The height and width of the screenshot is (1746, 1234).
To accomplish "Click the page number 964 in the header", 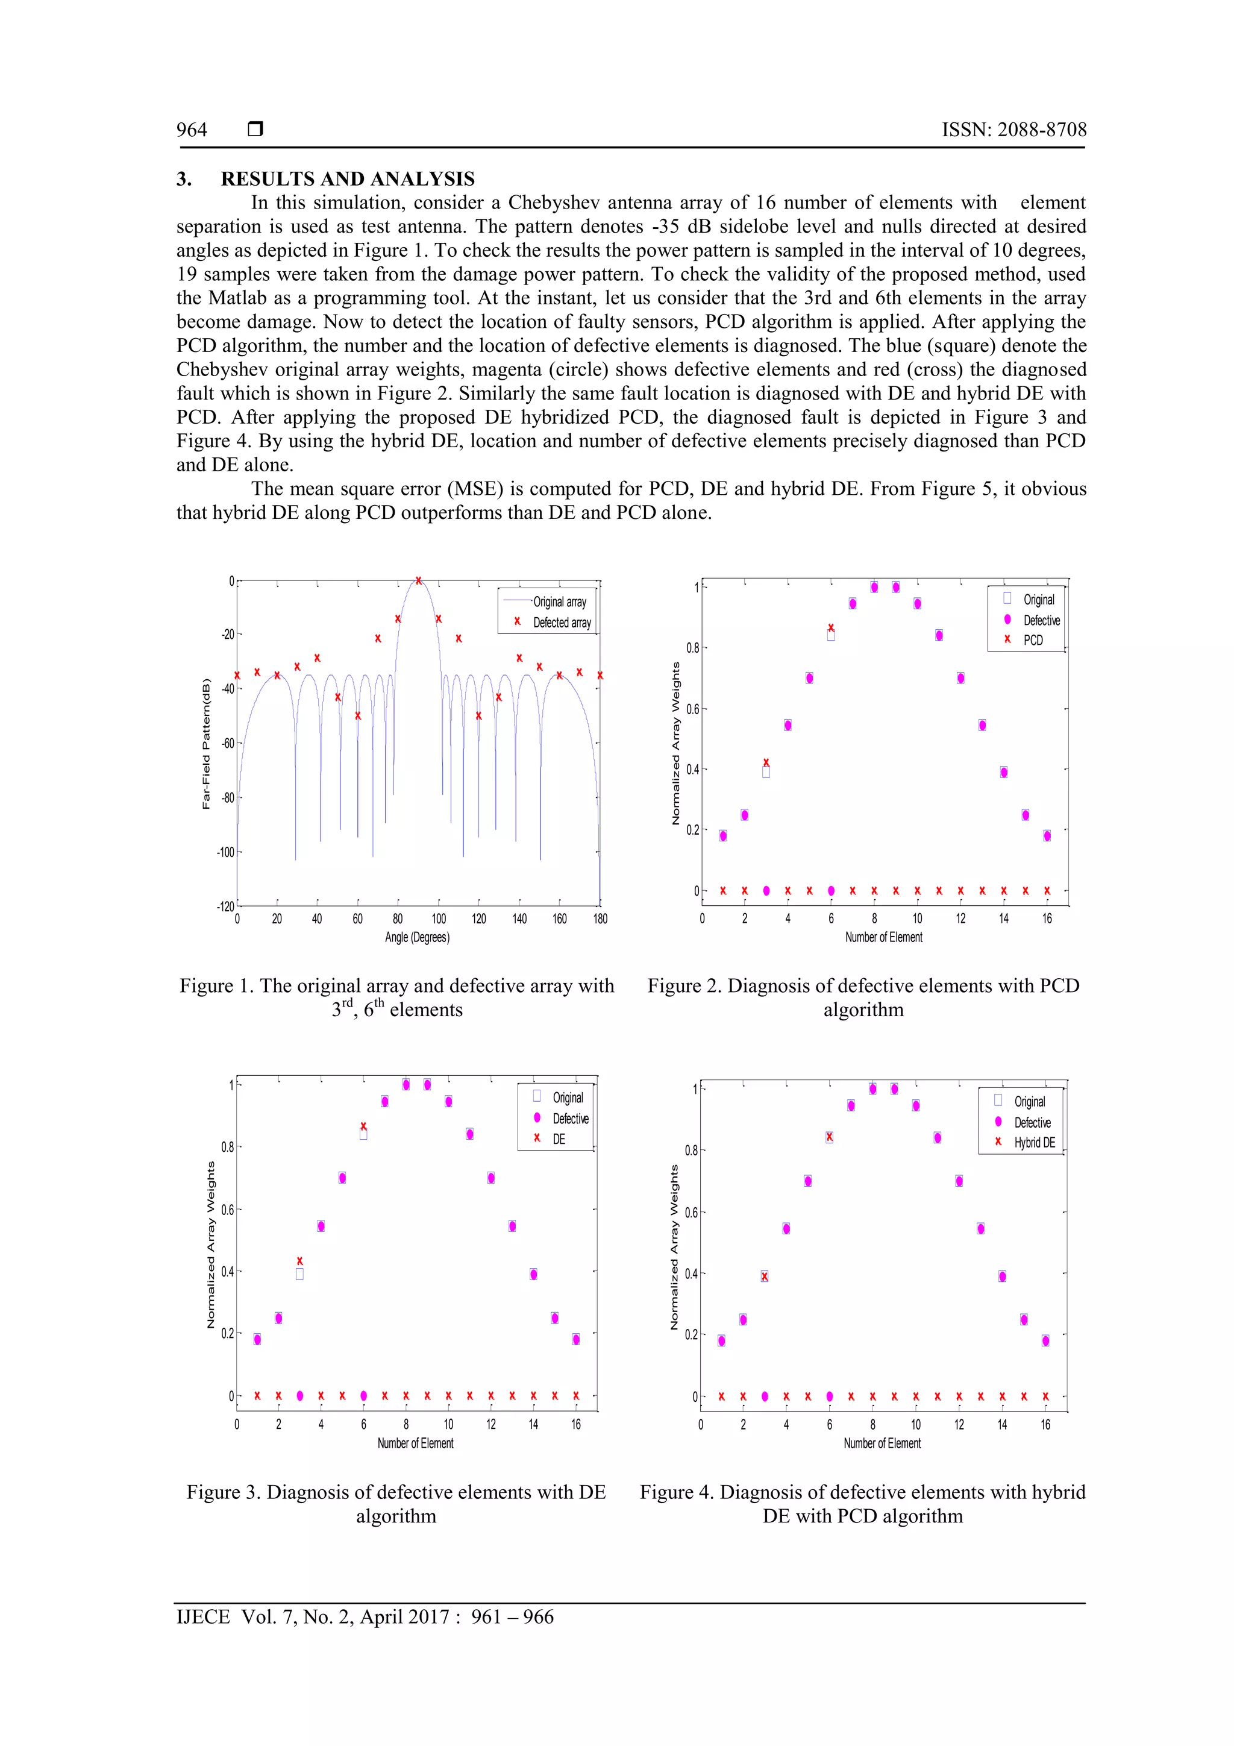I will [192, 130].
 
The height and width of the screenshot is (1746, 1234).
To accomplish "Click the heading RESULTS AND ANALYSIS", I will [348, 179].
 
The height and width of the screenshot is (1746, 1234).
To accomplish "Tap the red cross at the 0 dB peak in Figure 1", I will [418, 581].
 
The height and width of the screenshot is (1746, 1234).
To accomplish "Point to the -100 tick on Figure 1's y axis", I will [226, 852].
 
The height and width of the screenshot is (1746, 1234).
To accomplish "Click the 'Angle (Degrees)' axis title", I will [418, 938].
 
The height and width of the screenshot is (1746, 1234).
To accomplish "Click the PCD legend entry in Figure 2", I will [1033, 640].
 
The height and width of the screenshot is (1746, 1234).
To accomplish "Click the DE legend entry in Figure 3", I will [559, 1139].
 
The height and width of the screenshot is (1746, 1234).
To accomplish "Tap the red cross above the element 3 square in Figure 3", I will [299, 1261].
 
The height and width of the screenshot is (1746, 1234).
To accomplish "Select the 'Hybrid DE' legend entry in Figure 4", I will [1034, 1143].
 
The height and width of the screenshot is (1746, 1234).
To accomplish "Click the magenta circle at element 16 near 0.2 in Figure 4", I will [1045, 1340].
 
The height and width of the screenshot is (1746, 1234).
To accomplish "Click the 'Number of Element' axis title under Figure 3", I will [415, 1443].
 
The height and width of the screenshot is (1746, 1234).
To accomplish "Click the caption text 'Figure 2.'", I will [684, 987].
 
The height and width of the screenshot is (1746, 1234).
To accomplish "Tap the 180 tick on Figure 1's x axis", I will [600, 919].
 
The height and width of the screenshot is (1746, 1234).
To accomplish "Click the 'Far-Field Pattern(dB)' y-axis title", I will [206, 743].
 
